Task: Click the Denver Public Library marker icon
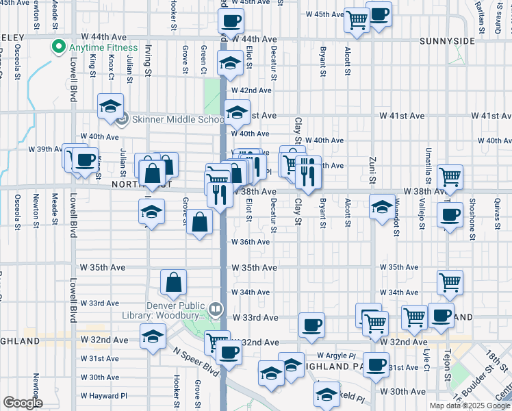tap(216, 310)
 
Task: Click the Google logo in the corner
tap(23, 403)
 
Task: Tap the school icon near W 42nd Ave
tap(229, 64)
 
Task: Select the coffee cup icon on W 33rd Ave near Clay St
tap(312, 325)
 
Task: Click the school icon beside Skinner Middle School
tap(110, 105)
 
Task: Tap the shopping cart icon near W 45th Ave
tap(357, 20)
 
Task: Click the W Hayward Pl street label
tap(104, 396)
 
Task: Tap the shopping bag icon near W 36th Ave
tap(199, 223)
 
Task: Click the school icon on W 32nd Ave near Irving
tap(152, 336)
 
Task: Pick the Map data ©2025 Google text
tap(470, 406)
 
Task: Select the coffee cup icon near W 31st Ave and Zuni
tap(375, 364)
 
